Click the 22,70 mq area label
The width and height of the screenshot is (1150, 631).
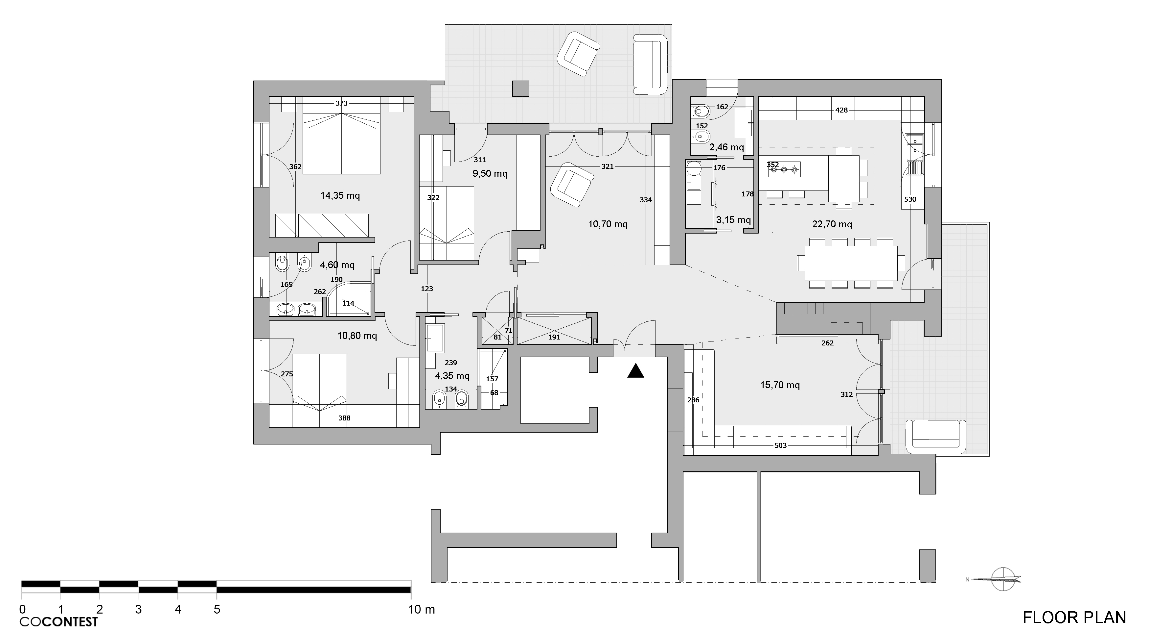832,224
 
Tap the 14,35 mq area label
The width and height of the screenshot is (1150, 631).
340,195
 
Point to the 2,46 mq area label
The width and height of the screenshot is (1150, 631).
726,147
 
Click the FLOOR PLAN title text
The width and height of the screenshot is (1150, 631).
1074,617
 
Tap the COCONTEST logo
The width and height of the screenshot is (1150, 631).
58,621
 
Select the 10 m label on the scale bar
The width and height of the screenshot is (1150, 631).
421,610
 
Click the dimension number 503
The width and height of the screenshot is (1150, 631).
780,445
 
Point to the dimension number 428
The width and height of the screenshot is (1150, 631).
841,110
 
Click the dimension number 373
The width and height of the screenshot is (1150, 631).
341,103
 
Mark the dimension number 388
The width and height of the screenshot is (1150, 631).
344,418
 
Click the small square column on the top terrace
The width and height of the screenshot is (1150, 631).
520,88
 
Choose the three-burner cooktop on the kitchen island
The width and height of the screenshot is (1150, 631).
784,169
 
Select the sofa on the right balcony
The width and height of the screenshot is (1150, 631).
936,437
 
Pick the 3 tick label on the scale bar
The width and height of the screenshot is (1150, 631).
138,610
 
